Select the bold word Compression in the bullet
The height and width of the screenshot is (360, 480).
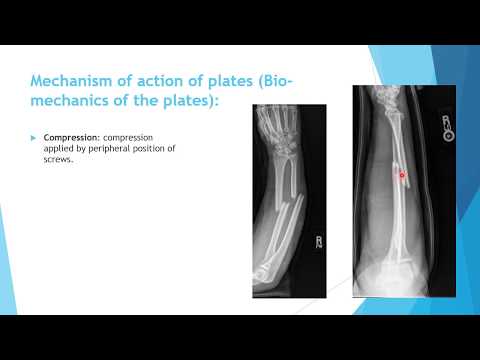click(68, 134)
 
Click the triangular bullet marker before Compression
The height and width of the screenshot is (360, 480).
click(34, 134)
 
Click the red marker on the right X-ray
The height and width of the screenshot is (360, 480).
click(375, 175)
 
